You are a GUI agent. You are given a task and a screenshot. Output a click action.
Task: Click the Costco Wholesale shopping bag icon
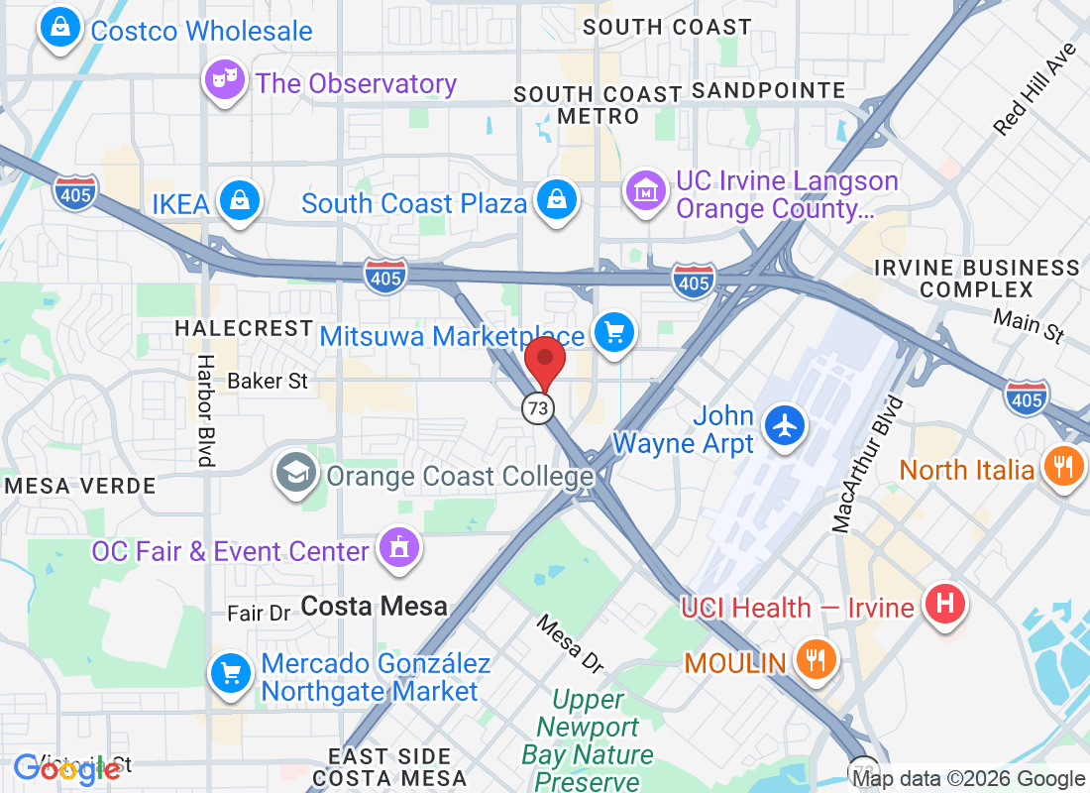[x=61, y=28]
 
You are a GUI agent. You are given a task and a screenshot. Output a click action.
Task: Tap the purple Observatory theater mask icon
[x=225, y=80]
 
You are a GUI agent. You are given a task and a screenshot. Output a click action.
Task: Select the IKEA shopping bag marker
[x=239, y=201]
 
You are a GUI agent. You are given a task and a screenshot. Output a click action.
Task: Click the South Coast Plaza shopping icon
[x=557, y=199]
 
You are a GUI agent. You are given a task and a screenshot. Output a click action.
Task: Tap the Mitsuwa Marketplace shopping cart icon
[x=614, y=331]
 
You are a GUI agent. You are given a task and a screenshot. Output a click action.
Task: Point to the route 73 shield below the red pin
[x=538, y=406]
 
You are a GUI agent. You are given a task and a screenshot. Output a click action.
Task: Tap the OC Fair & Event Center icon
[x=399, y=548]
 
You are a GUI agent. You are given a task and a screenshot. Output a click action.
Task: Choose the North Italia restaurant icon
[x=1063, y=466]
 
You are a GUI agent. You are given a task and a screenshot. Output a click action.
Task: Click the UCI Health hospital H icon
[x=944, y=603]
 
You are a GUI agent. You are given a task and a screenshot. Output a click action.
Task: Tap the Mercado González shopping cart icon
[x=231, y=674]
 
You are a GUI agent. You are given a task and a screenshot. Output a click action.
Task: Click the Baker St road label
[x=268, y=381]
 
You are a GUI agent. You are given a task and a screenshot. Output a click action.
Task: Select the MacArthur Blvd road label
[x=869, y=465]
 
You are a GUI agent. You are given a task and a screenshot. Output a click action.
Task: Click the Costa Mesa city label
[x=375, y=606]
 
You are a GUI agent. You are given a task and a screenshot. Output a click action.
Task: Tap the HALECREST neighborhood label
[x=243, y=327]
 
